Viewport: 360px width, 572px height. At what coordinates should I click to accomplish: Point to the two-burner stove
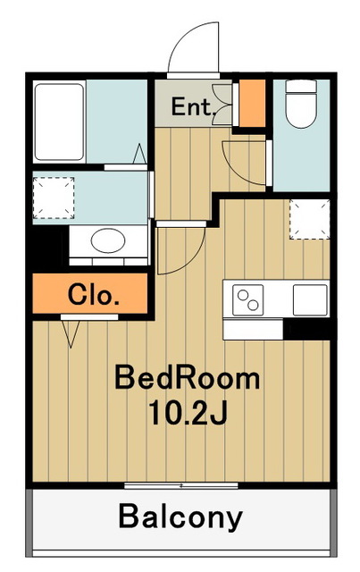tap(248, 299)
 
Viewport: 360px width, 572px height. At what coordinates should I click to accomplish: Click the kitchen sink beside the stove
tap(310, 299)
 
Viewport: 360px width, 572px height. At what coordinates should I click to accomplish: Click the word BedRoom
tap(187, 378)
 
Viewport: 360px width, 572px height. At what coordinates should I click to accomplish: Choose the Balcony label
tap(180, 517)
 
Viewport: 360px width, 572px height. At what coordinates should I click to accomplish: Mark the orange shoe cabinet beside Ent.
tap(253, 104)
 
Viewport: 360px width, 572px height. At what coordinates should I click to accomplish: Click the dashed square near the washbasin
tap(50, 198)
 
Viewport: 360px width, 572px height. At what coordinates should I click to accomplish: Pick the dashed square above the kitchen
tap(309, 219)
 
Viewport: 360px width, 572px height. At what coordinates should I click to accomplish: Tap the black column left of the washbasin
tap(46, 245)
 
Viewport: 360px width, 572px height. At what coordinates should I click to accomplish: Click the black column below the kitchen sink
tap(307, 329)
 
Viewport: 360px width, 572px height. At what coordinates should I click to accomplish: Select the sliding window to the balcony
tap(180, 485)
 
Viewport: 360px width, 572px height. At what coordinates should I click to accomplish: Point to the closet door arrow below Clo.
tap(71, 334)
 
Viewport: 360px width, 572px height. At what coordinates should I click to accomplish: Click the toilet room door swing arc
tap(241, 161)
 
